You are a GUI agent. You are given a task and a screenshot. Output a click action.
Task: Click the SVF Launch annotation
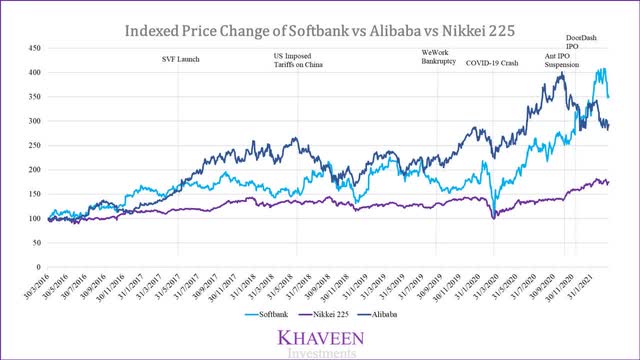click(181, 60)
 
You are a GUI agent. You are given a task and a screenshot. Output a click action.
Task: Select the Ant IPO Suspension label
click(561, 60)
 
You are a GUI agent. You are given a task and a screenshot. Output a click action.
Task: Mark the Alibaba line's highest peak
click(562, 73)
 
